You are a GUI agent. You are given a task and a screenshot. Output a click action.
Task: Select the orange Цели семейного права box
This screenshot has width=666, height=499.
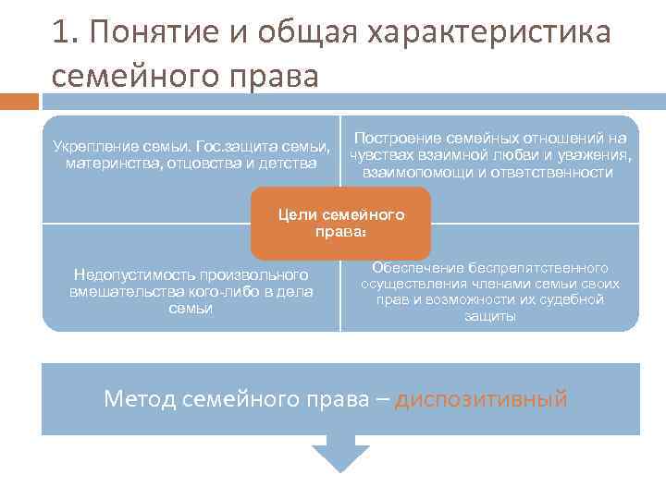(x=340, y=223)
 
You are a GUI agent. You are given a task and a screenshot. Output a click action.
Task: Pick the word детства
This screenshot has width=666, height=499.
(x=287, y=163)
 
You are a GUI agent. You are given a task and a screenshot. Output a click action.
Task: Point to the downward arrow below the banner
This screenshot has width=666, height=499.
(x=340, y=456)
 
